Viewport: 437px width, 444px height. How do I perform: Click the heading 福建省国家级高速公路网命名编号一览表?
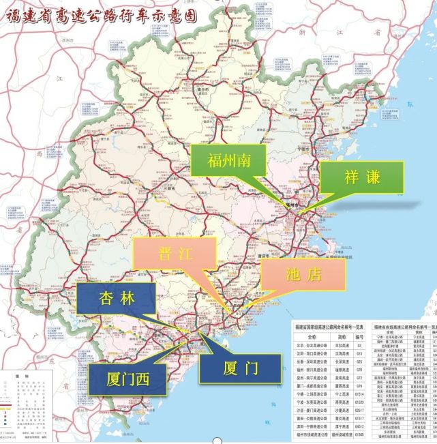[330, 328]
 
